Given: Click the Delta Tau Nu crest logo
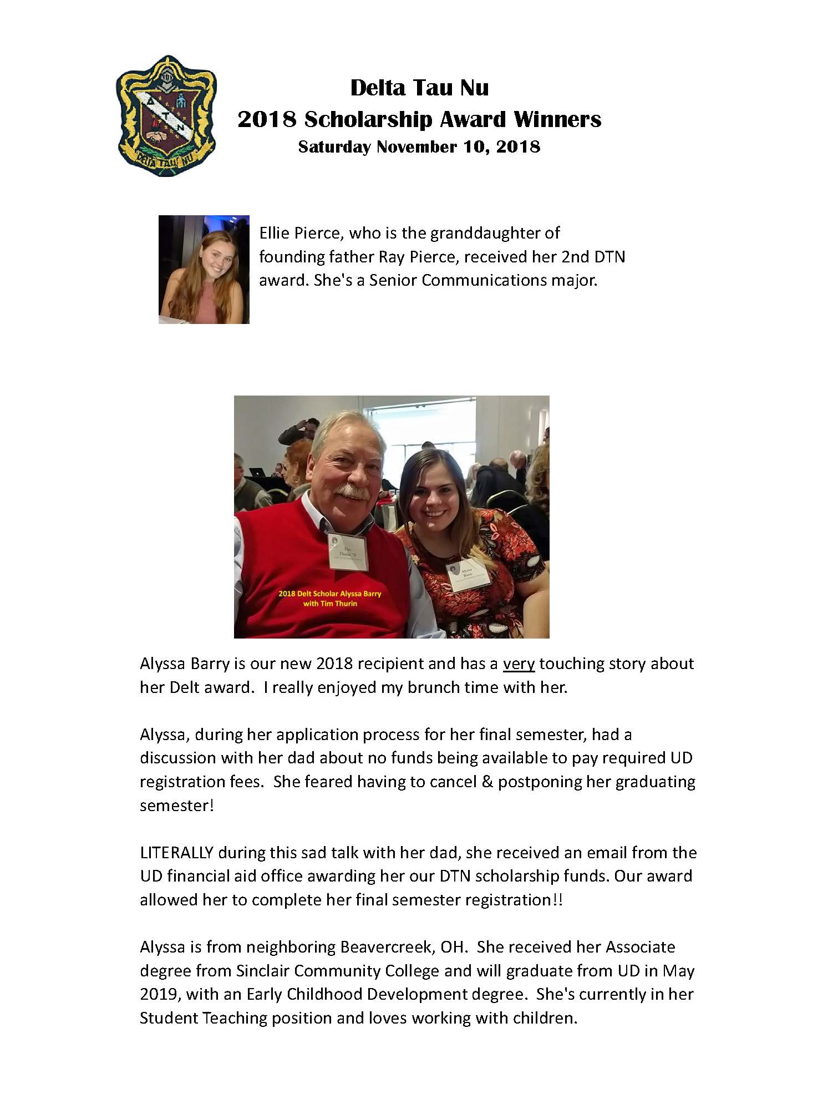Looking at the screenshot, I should click(165, 115).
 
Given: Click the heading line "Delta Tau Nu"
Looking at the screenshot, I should click(419, 88).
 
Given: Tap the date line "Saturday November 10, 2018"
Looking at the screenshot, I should click(419, 146).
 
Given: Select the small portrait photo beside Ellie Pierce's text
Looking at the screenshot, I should click(204, 270).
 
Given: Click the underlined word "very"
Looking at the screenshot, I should click(519, 664).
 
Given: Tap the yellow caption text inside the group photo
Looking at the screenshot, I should click(329, 598).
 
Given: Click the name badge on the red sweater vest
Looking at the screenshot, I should click(348, 551).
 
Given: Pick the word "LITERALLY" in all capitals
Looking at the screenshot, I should click(176, 852).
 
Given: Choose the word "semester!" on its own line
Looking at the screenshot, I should click(176, 806).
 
